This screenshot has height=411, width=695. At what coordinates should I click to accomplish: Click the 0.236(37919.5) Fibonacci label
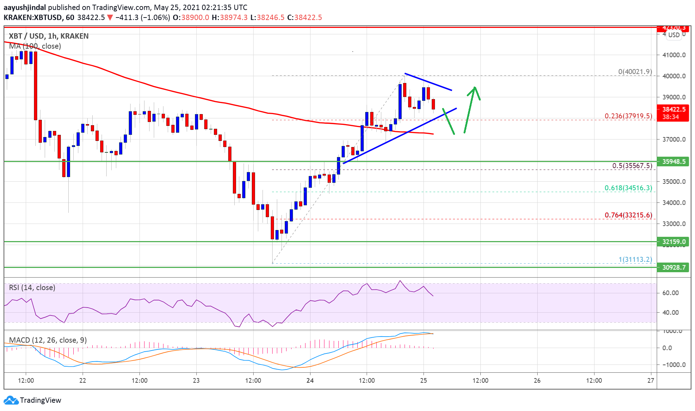click(628, 116)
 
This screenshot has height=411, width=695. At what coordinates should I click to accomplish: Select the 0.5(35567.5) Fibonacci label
click(632, 166)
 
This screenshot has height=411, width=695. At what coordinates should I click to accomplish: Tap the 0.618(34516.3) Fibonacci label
click(628, 188)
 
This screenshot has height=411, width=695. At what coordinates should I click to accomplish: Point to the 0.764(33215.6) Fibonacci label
click(628, 215)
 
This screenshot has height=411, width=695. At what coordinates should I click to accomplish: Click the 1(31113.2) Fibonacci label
click(635, 259)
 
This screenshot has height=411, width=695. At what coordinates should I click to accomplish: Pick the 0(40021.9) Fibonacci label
click(635, 72)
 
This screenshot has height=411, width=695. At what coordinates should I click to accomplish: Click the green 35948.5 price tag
click(674, 161)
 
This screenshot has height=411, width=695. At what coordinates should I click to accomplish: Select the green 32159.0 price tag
click(674, 241)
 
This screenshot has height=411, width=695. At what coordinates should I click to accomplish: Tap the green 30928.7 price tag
click(674, 267)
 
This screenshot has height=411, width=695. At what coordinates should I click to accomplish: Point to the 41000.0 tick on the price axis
click(674, 55)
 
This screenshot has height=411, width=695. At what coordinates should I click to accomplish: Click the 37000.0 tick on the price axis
click(674, 139)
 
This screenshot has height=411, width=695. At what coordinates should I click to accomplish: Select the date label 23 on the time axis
click(196, 380)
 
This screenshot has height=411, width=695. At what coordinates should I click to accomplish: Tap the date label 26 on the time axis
click(537, 380)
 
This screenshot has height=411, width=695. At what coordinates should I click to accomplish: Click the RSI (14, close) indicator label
click(32, 288)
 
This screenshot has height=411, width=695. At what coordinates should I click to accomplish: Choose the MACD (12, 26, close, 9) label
click(48, 340)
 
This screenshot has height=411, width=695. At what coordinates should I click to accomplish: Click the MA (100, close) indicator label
click(35, 46)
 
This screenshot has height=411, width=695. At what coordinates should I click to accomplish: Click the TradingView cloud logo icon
click(11, 400)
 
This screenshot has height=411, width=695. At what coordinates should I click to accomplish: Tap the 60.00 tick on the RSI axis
click(670, 293)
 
